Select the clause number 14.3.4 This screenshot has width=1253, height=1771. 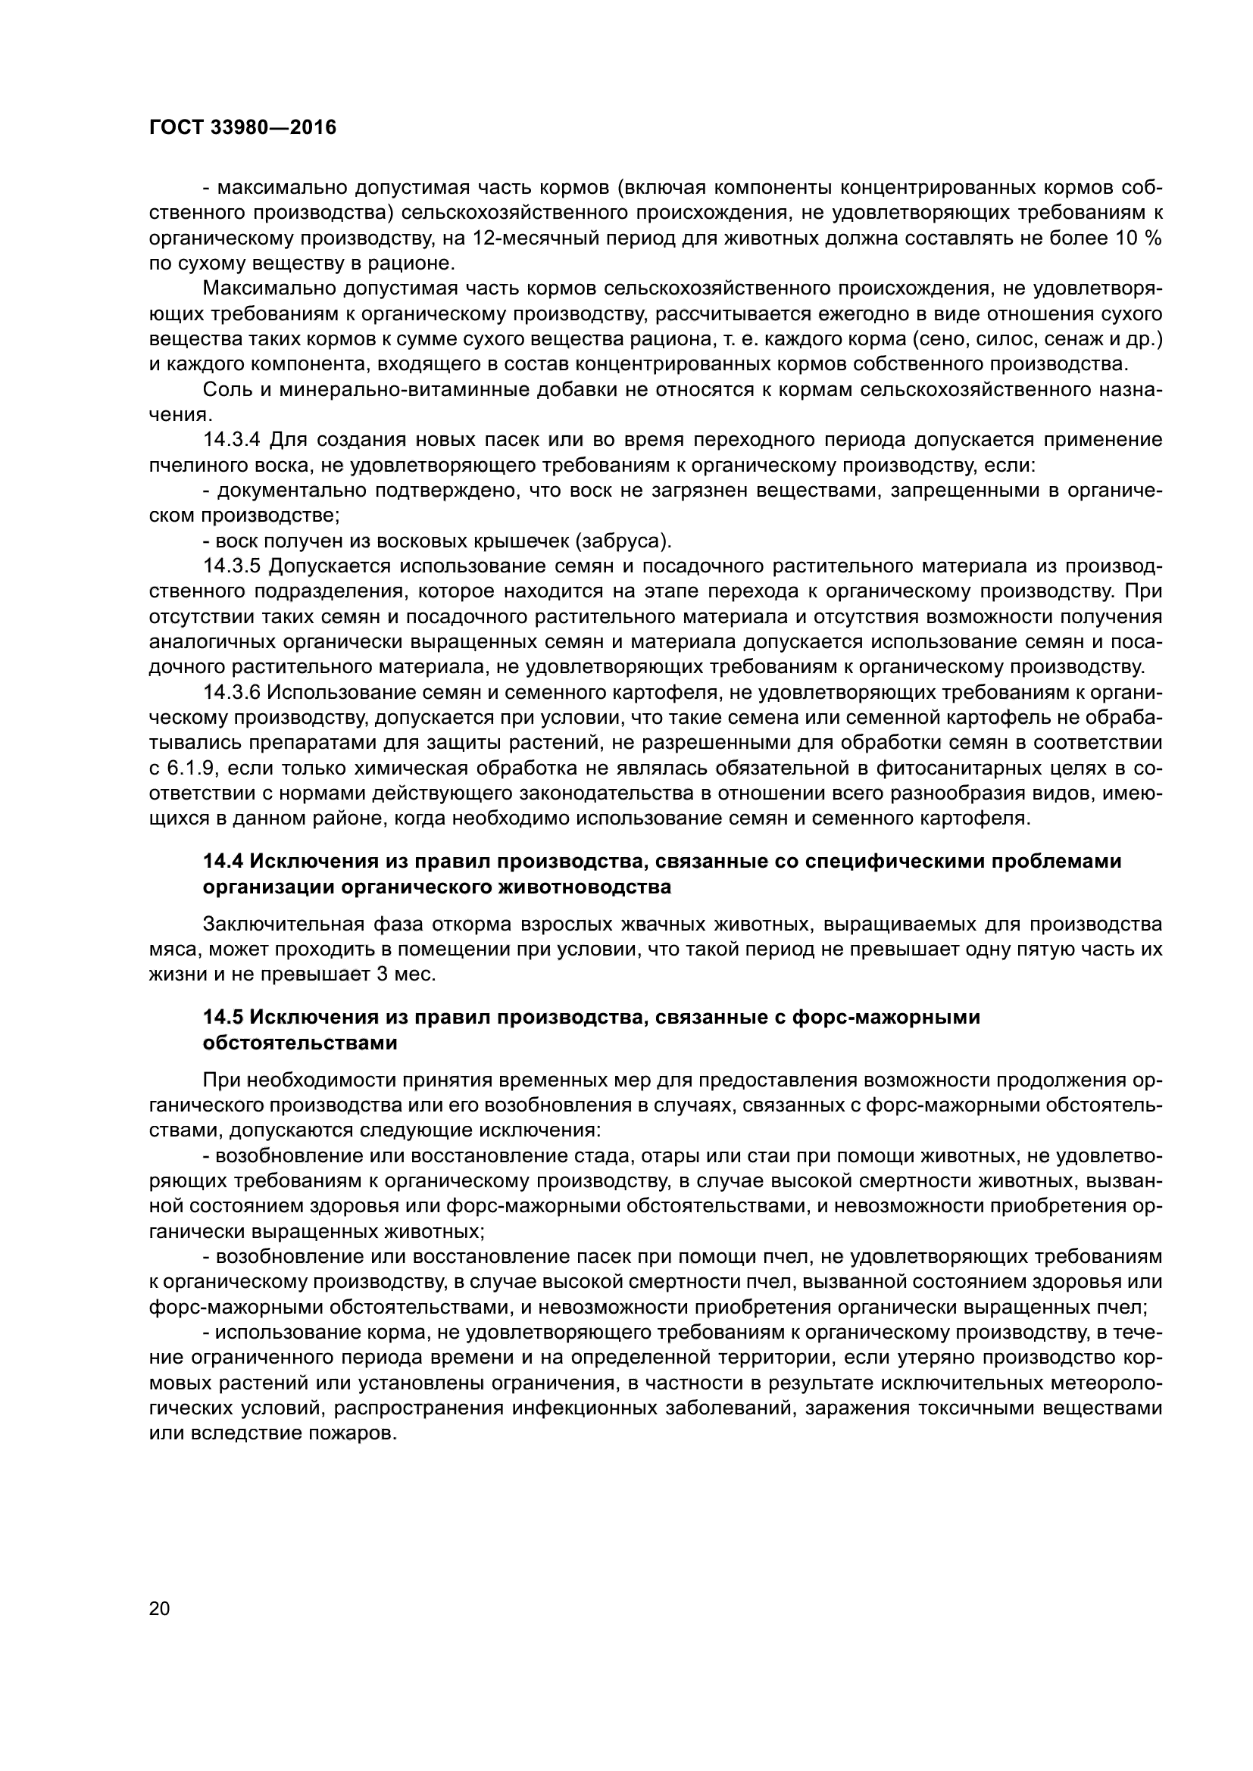pyautogui.click(x=233, y=441)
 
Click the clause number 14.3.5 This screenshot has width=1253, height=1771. pyautogui.click(x=233, y=566)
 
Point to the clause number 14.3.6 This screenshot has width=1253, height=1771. pyautogui.click(x=233, y=693)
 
